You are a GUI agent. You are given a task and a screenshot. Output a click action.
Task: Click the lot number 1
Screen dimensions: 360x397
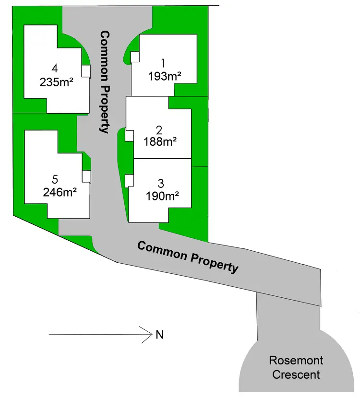[x=163, y=63]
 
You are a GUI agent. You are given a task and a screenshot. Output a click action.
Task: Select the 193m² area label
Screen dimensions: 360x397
[x=165, y=76]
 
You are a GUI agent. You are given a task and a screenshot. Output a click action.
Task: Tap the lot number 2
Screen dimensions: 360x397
[x=159, y=130]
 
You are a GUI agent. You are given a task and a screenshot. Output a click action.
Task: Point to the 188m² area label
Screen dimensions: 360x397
[x=160, y=141]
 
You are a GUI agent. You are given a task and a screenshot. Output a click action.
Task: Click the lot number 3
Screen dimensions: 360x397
[x=161, y=184]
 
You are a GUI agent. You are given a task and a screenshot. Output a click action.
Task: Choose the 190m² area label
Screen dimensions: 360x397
[x=163, y=196]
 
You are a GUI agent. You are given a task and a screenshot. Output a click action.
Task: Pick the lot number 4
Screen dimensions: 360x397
[x=55, y=69]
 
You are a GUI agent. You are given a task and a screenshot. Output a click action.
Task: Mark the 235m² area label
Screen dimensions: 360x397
[x=57, y=82]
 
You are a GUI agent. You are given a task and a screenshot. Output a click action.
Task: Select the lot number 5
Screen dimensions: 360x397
[x=55, y=179]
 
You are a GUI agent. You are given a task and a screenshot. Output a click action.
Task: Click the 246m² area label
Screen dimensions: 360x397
[x=60, y=192]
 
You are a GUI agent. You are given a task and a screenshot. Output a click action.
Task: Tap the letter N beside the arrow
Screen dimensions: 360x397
[x=160, y=335]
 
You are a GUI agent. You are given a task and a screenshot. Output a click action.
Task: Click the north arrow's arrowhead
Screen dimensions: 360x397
[x=151, y=335]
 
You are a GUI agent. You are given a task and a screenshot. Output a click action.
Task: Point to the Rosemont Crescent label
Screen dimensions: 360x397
[x=296, y=367]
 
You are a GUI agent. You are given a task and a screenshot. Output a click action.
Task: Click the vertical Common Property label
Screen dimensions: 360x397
[x=105, y=82]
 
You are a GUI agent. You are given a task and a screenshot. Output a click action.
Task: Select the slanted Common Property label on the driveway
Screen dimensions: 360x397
[x=188, y=257]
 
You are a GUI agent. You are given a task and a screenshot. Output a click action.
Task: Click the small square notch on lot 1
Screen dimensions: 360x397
[x=135, y=57]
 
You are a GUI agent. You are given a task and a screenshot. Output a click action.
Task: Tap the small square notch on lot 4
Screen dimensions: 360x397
[x=86, y=71]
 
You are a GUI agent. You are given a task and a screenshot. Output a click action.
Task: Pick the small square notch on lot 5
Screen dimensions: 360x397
[x=86, y=176]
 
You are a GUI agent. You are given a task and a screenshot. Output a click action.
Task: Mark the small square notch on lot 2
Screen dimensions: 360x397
[x=129, y=136]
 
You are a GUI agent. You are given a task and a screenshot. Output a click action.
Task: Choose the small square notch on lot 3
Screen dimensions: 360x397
[x=129, y=181]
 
